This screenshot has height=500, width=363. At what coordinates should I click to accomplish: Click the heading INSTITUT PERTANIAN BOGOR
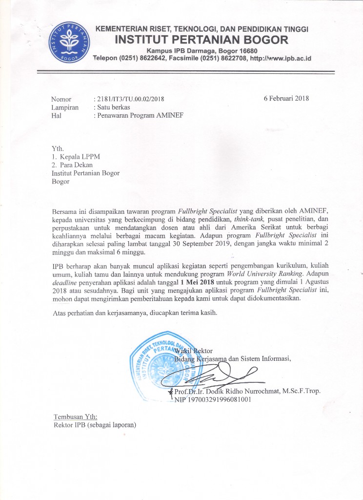(x=202, y=40)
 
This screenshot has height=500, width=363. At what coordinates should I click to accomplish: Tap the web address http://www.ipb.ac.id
(x=281, y=59)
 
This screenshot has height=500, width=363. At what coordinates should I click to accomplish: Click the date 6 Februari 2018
(x=286, y=98)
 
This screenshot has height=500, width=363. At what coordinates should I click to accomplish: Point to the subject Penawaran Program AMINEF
(x=138, y=116)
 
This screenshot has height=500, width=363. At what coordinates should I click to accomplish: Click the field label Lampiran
(x=65, y=107)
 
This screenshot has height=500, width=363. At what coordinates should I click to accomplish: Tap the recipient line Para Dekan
(x=80, y=165)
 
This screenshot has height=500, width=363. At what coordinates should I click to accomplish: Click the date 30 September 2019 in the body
(x=200, y=244)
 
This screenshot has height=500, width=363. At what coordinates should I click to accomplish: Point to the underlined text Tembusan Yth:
(x=75, y=417)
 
